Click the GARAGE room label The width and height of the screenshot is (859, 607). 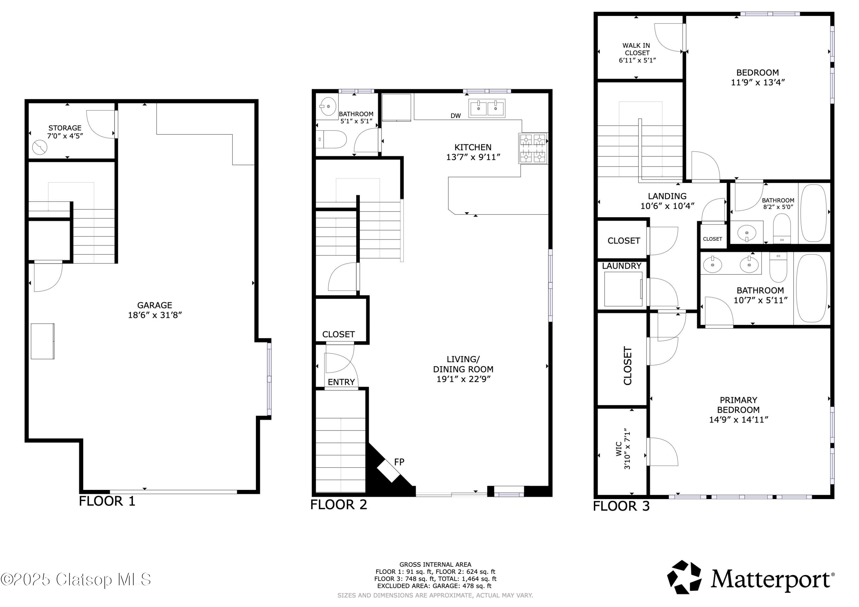tap(155, 305)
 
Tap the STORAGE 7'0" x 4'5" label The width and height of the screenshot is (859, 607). tap(65, 132)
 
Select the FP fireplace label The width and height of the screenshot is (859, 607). tap(399, 462)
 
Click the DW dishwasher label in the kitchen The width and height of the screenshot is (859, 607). tap(455, 116)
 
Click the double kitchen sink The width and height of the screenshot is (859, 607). tap(487, 108)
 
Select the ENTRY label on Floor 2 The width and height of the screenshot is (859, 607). tap(341, 382)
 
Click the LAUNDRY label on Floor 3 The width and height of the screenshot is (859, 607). tap(621, 266)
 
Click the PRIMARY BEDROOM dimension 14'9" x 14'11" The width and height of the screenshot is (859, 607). tap(738, 420)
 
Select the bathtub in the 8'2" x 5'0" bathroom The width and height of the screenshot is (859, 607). tap(813, 213)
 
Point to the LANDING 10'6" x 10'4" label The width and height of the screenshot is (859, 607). tap(667, 201)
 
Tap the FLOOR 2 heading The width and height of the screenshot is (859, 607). tap(338, 505)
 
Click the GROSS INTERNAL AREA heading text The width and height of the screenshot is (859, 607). tap(435, 564)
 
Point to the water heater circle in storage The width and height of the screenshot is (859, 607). tap(40, 147)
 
